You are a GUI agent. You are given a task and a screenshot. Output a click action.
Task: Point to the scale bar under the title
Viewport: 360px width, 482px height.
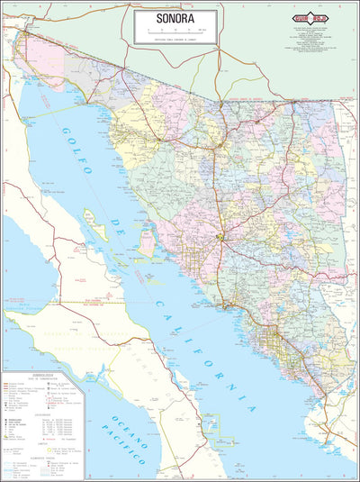coord(175,32)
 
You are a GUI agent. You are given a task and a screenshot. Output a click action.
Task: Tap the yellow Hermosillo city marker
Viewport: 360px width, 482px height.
coord(220,238)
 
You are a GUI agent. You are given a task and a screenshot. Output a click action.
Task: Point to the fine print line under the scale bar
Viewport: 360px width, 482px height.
coord(175,40)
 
